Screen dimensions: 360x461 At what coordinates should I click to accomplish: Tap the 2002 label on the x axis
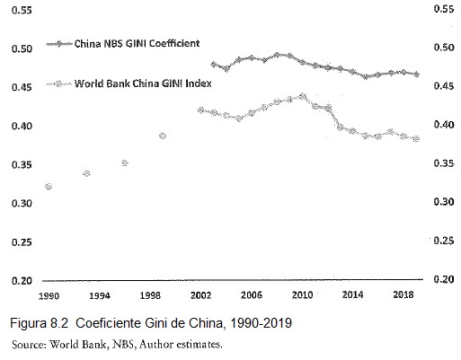(x=199, y=294)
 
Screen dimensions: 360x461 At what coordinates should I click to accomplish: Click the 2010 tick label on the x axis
(x=302, y=294)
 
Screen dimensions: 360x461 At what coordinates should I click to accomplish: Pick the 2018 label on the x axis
(x=403, y=294)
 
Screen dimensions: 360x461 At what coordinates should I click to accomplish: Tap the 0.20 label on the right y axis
(x=443, y=280)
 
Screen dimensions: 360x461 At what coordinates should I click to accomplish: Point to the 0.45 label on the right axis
(x=443, y=86)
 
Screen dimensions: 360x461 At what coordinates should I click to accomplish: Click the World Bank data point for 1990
(x=48, y=187)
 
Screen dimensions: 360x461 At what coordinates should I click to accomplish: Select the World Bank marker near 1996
(x=125, y=163)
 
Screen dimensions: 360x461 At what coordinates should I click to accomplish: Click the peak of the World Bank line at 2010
(x=302, y=95)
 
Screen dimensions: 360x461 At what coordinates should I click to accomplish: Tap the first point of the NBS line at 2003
(x=213, y=65)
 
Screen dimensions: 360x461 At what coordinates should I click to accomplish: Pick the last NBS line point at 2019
(x=416, y=74)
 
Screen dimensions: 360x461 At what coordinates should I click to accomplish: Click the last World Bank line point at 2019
(x=416, y=138)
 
